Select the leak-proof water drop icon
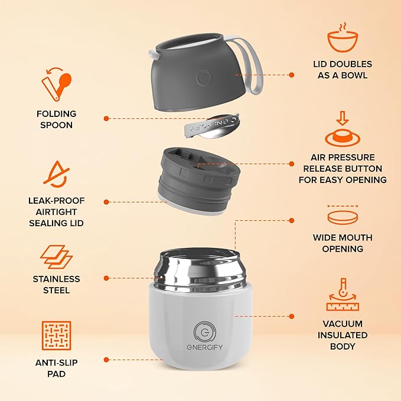(56, 174)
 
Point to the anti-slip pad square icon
(56, 335)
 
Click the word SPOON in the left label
(57, 125)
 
